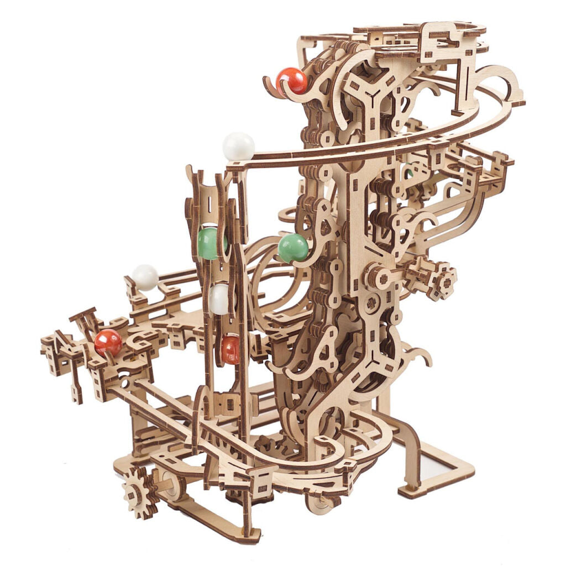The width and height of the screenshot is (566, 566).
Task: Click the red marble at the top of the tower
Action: (x=292, y=81)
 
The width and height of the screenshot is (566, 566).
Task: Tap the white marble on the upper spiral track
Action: (x=238, y=146)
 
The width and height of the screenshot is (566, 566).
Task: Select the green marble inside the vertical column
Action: (x=210, y=243)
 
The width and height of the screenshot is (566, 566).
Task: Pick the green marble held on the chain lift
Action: (x=293, y=248)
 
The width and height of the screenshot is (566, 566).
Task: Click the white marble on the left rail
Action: (x=145, y=276)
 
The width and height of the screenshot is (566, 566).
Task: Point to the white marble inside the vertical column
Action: (x=219, y=299)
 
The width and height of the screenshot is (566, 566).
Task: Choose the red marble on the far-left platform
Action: (x=108, y=342)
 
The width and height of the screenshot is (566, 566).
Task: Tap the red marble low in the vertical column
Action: (x=230, y=349)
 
